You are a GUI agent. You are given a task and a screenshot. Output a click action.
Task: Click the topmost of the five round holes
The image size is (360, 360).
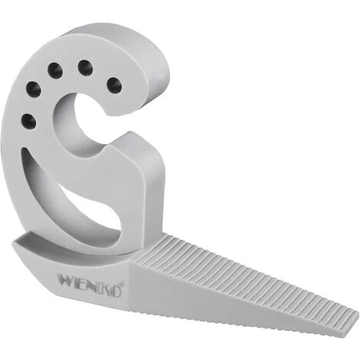[x=84, y=68]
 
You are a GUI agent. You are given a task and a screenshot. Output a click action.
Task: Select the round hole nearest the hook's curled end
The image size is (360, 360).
[x=114, y=83]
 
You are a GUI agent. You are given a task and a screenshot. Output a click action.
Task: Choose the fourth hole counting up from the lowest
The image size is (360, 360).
[x=84, y=68]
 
